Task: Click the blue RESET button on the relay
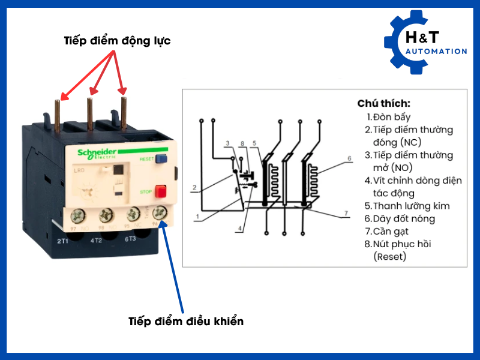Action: (x=161, y=159)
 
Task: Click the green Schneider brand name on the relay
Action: (x=98, y=152)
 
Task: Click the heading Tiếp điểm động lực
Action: (x=117, y=41)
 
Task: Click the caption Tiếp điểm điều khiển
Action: (x=186, y=321)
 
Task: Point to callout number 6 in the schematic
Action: (x=349, y=158)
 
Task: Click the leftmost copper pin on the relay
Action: (x=58, y=114)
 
